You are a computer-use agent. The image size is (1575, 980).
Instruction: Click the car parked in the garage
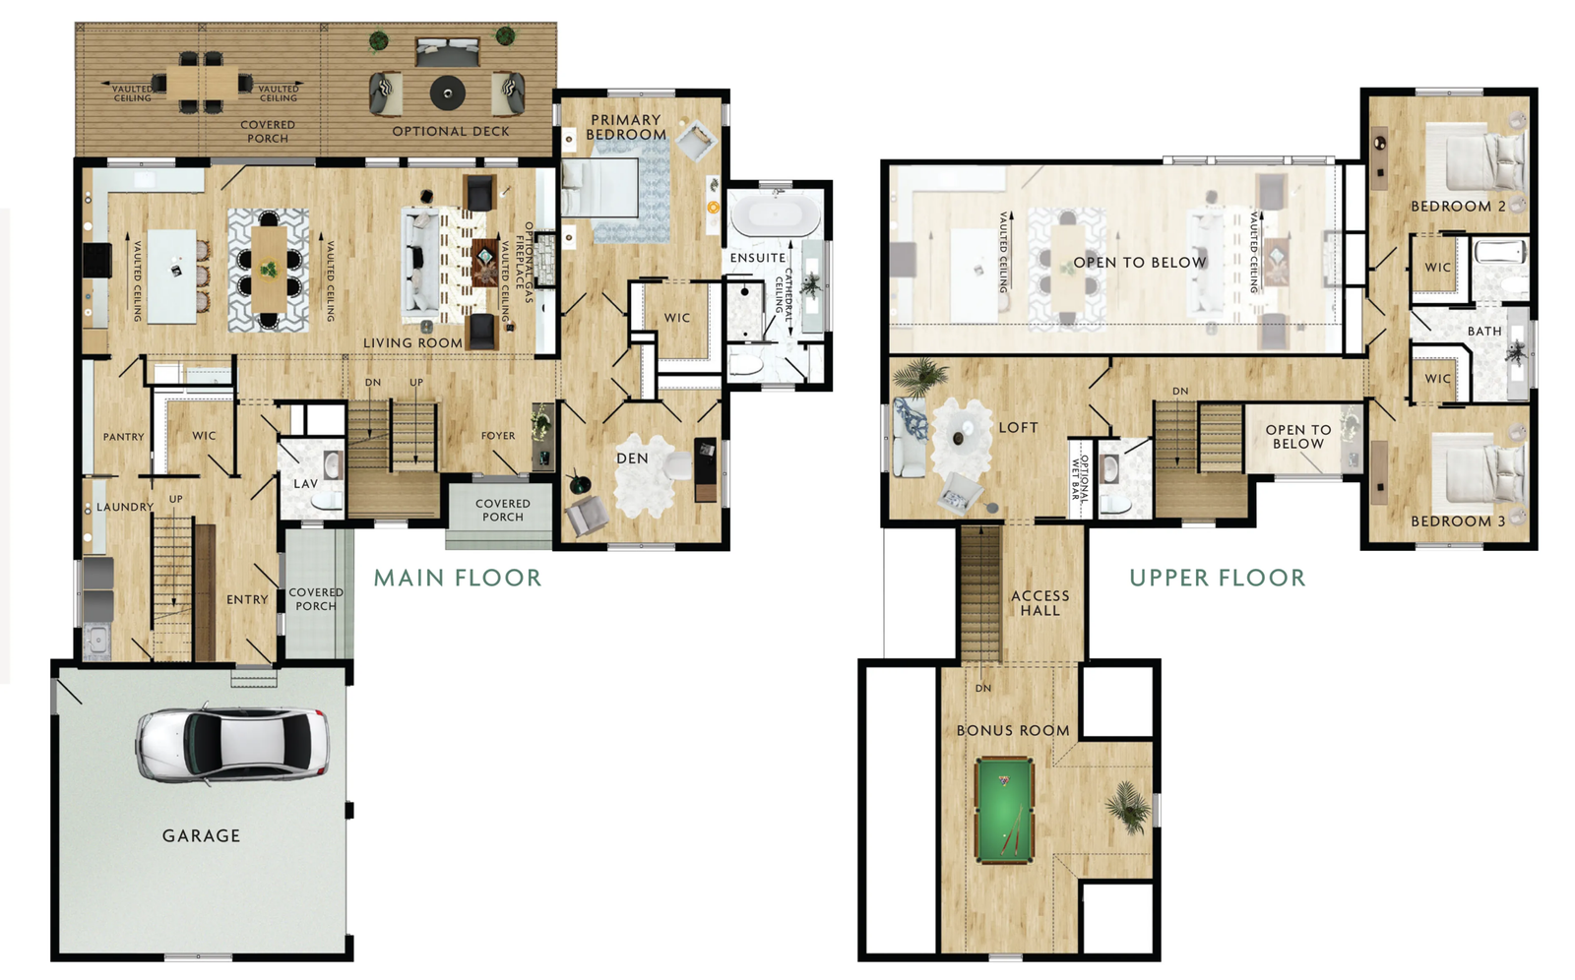pyautogui.click(x=232, y=745)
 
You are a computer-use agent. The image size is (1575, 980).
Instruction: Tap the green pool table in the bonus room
pyautogui.click(x=1004, y=810)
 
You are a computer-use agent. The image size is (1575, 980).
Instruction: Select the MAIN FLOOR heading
pyautogui.click(x=458, y=578)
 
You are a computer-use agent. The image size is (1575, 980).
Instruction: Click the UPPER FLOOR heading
pyautogui.click(x=1217, y=578)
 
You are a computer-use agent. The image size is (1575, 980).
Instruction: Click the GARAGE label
pyautogui.click(x=201, y=836)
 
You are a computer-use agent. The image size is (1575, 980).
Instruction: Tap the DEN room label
pyautogui.click(x=632, y=459)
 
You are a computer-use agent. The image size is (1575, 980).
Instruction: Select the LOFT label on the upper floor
pyautogui.click(x=1018, y=427)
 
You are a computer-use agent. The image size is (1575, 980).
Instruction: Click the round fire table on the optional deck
pyautogui.click(x=447, y=92)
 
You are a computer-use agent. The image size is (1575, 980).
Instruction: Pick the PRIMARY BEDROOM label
pyautogui.click(x=626, y=127)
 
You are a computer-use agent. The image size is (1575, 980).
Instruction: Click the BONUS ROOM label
pyautogui.click(x=1013, y=731)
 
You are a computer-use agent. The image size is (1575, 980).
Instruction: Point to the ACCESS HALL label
pyautogui.click(x=1040, y=603)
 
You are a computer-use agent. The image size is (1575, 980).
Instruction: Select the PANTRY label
pyautogui.click(x=124, y=437)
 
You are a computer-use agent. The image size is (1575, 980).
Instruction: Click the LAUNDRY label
pyautogui.click(x=125, y=507)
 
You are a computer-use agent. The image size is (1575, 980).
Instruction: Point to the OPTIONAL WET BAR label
pyautogui.click(x=1079, y=478)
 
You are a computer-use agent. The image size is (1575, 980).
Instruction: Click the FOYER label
pyautogui.click(x=498, y=436)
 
